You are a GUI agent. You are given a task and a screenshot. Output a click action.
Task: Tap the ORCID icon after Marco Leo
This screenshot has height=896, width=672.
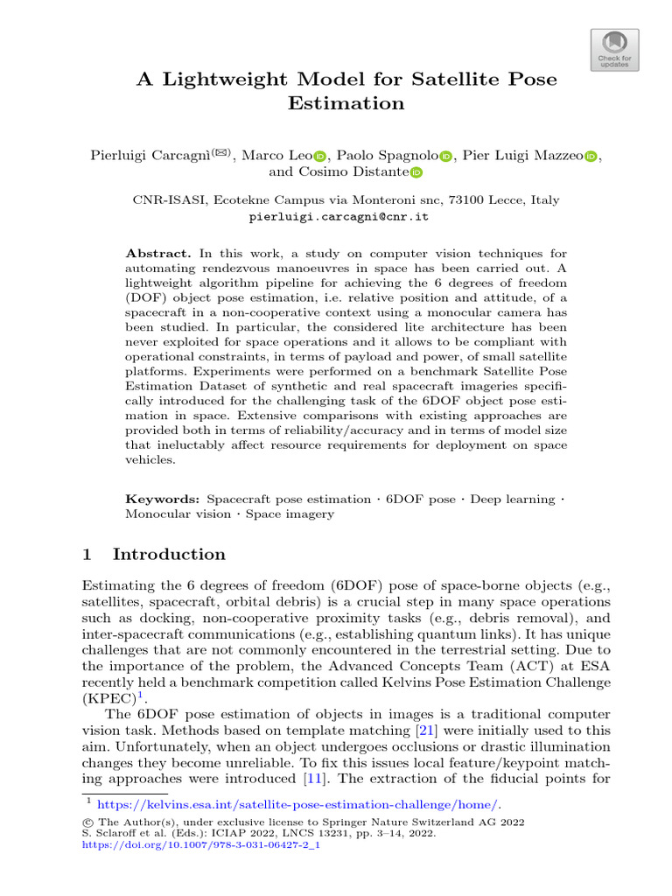click(x=319, y=156)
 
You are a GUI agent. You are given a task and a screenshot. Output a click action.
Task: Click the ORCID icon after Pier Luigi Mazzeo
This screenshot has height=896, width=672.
click(x=590, y=156)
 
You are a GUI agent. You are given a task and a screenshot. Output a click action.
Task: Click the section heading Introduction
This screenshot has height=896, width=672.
click(x=169, y=554)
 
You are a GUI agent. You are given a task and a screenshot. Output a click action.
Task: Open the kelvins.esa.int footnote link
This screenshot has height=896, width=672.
click(x=298, y=804)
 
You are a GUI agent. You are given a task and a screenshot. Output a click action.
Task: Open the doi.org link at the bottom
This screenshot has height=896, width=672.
click(x=200, y=846)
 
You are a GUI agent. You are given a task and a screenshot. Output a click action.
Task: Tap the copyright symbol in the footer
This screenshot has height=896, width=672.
click(x=85, y=822)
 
